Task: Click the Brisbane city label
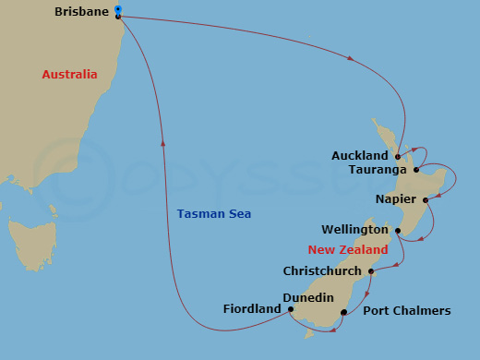coord(80,12)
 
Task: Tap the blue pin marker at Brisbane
coord(117,11)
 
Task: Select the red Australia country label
coord(69,74)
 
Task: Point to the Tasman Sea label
coord(214,214)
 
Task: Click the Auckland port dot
coord(397,156)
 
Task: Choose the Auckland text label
coord(360,156)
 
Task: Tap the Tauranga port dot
coord(416,170)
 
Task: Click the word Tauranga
coord(379,170)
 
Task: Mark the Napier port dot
coord(425,199)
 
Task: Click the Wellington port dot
coord(398,230)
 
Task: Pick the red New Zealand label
coord(348,250)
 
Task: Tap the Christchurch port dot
coord(370,271)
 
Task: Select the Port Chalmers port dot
coord(343,312)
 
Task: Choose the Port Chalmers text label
coord(407,311)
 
